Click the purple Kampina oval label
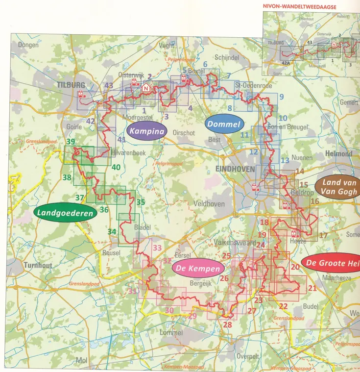[147, 131]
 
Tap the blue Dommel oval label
[224, 124]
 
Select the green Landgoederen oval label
[57, 213]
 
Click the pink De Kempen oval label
[198, 269]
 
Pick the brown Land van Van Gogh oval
[337, 187]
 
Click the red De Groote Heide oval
[332, 263]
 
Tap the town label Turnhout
[37, 265]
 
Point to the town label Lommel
[171, 333]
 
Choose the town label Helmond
[338, 153]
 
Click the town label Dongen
[28, 45]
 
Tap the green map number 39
[71, 142]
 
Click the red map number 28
[227, 324]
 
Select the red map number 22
[283, 306]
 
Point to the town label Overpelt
[247, 356]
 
